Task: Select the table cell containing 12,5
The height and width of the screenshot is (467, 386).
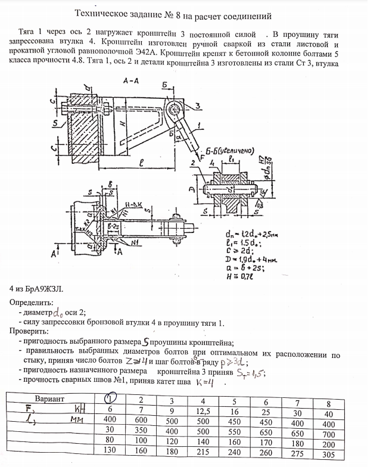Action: coord(204,409)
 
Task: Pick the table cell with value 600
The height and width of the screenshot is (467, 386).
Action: coord(142,420)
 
